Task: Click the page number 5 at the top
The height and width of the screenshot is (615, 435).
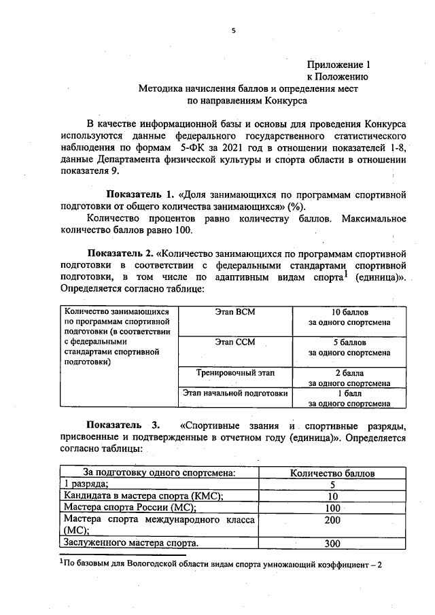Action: tap(232, 31)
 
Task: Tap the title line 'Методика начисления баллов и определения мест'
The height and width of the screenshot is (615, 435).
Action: tap(247, 88)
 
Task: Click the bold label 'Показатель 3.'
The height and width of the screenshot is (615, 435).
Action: tap(120, 426)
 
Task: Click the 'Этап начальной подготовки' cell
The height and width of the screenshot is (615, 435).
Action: tap(235, 393)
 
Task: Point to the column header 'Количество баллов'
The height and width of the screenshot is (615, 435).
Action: tap(332, 473)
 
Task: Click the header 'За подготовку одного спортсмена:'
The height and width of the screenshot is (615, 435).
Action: tap(160, 473)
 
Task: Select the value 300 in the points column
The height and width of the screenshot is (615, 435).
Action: tap(332, 544)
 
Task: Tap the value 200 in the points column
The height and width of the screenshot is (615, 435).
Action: tap(332, 520)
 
